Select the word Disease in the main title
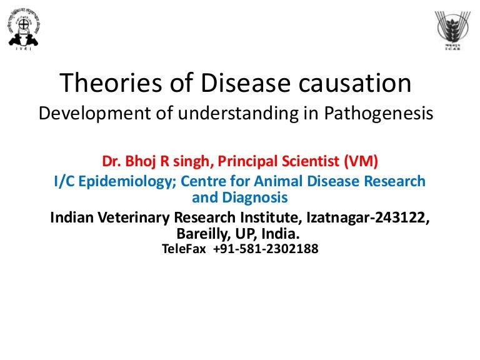(x=216, y=84)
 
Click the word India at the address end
(x=282, y=234)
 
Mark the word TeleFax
(x=184, y=249)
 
